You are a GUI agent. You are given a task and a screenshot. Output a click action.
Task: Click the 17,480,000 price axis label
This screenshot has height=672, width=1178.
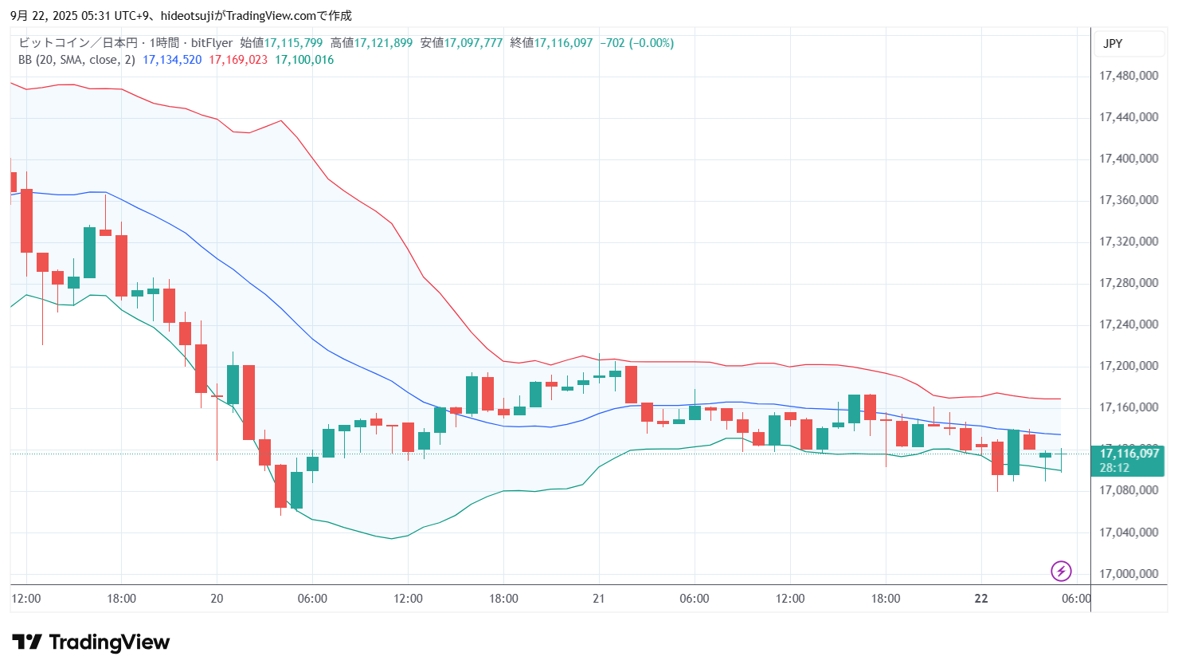(1128, 76)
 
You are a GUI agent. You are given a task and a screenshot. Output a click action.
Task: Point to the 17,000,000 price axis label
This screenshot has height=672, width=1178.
(1128, 574)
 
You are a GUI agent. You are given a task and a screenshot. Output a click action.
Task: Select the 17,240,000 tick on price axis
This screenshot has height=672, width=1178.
(1128, 324)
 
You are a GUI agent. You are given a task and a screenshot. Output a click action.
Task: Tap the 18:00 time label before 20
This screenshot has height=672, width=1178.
(121, 599)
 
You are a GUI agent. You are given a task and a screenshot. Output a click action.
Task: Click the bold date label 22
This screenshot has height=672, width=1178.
(981, 599)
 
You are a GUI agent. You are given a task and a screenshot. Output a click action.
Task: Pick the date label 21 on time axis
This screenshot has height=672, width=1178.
(599, 599)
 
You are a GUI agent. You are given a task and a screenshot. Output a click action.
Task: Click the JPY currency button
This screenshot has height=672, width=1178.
(1113, 44)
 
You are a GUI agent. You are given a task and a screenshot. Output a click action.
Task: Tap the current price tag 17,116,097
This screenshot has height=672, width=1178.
(1129, 454)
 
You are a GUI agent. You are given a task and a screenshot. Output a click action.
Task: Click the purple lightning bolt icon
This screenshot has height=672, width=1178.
(1061, 571)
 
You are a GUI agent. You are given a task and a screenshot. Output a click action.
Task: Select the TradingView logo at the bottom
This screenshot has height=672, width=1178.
(91, 643)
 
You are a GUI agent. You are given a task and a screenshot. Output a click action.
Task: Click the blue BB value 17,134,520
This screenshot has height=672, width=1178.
(172, 60)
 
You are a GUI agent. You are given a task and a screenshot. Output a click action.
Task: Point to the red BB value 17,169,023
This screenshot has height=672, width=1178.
(238, 60)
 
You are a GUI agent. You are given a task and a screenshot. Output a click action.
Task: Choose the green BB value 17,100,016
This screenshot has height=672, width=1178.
(304, 60)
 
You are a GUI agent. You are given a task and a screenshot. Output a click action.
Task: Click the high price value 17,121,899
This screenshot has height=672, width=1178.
(383, 43)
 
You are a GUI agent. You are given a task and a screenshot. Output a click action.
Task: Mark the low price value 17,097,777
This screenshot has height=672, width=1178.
(473, 43)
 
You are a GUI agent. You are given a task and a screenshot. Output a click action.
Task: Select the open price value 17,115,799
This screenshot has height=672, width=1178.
(293, 43)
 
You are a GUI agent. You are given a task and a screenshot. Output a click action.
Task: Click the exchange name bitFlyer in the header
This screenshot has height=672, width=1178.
(212, 43)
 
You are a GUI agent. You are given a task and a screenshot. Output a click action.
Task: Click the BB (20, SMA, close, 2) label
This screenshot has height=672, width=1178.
(76, 60)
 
